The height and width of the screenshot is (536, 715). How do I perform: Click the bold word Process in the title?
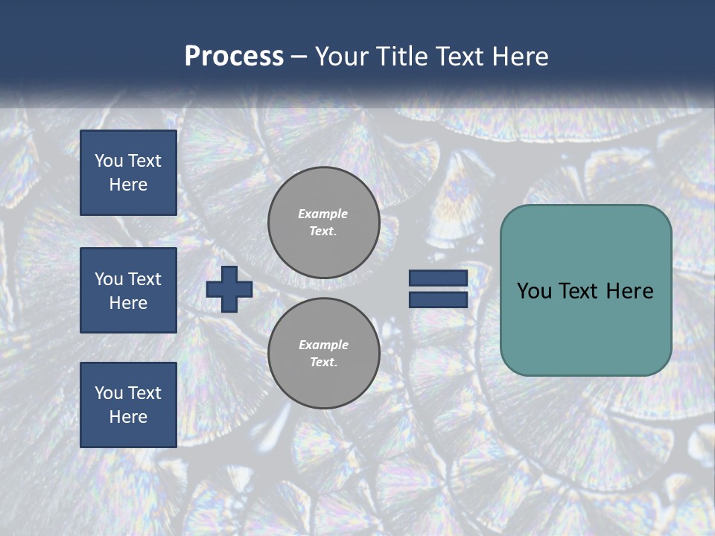point(234,57)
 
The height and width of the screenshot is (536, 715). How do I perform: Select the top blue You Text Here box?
point(128,173)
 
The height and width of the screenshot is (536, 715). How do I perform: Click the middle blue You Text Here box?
point(128,290)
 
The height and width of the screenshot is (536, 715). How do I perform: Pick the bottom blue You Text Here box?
point(128,405)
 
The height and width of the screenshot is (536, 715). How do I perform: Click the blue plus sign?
point(229,290)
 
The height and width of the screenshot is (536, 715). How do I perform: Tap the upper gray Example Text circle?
point(323,223)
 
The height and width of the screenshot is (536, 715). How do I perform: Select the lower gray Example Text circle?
point(323,354)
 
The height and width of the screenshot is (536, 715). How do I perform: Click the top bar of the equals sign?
point(438,278)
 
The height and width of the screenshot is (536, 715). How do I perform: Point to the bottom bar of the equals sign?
point(438,300)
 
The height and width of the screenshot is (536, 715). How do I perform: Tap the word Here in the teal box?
point(629,291)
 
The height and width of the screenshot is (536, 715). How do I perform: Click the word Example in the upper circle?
point(323,214)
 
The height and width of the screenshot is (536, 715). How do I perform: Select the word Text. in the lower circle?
point(323,363)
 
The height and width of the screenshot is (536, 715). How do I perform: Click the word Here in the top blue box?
point(128,185)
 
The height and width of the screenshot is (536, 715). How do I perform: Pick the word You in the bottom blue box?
point(109,393)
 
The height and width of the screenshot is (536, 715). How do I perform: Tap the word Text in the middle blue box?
point(144,279)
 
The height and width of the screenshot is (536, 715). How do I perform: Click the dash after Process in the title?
point(299,57)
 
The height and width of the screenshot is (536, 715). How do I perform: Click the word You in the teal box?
point(534,291)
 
